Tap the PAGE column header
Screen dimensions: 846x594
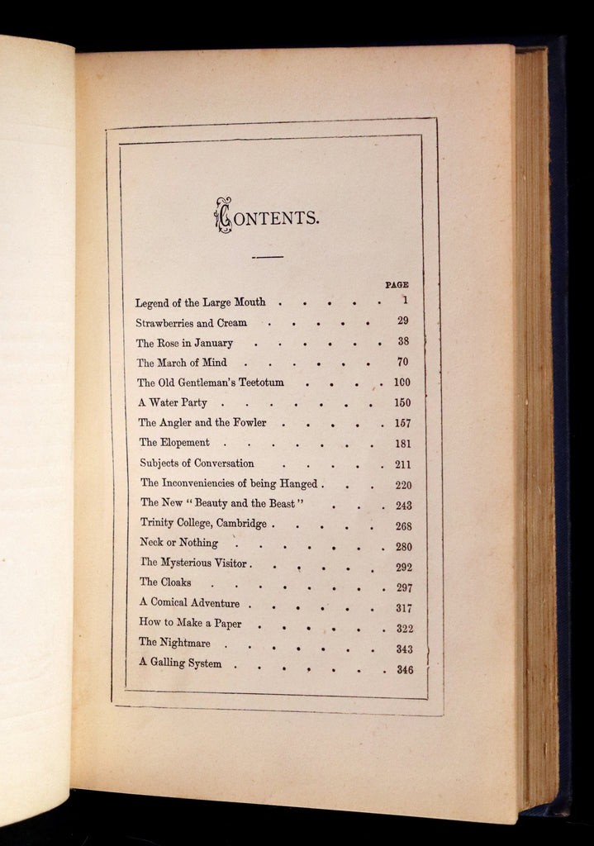pyautogui.click(x=397, y=284)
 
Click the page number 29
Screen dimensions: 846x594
pyautogui.click(x=402, y=321)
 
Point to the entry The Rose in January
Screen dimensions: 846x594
pyautogui.click(x=184, y=343)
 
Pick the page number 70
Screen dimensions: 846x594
pyautogui.click(x=402, y=362)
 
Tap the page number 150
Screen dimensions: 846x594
pyautogui.click(x=402, y=403)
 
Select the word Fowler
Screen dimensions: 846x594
pyautogui.click(x=249, y=423)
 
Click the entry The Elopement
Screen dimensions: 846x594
pyautogui.click(x=173, y=443)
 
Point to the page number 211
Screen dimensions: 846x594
pyautogui.click(x=403, y=464)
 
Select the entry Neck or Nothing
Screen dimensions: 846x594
pyautogui.click(x=178, y=543)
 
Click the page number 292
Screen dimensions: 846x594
pyautogui.click(x=403, y=568)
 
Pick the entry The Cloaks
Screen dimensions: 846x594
pyautogui.click(x=165, y=582)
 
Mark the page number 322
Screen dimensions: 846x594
pyautogui.click(x=404, y=629)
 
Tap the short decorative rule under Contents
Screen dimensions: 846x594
pyautogui.click(x=267, y=257)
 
